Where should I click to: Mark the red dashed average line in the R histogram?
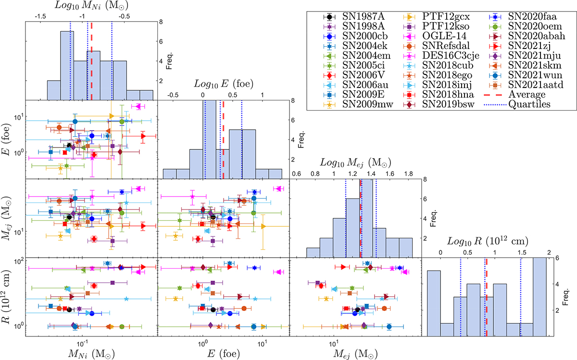pyautogui.click(x=487, y=298)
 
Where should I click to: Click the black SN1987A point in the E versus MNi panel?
pyautogui.click(x=69, y=146)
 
